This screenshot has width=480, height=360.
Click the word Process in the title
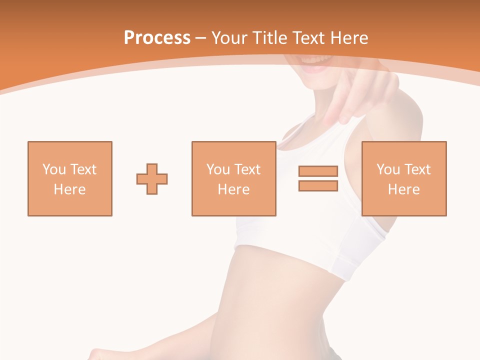(x=157, y=38)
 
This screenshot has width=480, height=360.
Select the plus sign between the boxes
(x=152, y=178)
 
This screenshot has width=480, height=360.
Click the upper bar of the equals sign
(x=318, y=171)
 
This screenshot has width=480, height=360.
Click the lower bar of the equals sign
(x=318, y=186)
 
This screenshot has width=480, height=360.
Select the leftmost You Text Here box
(x=70, y=178)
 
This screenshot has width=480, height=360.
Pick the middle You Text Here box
(x=233, y=178)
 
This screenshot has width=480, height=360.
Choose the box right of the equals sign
(x=404, y=178)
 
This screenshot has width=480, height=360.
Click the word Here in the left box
(x=70, y=189)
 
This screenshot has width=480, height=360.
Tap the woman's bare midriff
(x=280, y=295)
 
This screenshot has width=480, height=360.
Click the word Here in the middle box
(x=233, y=189)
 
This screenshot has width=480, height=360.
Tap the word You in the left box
(x=54, y=169)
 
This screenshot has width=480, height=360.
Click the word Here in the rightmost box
(x=404, y=189)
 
